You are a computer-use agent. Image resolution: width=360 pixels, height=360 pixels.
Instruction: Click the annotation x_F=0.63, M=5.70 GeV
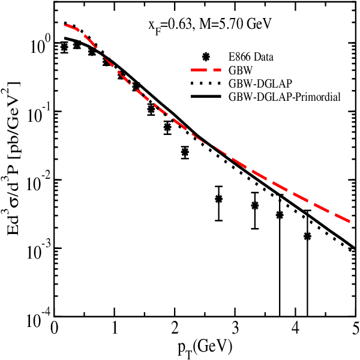[210, 25]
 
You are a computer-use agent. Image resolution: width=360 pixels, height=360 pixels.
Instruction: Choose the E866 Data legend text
[251, 57]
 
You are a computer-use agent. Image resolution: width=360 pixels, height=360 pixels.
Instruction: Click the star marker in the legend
[206, 57]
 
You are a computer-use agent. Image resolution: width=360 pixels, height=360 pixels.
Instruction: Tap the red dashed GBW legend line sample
[206, 70]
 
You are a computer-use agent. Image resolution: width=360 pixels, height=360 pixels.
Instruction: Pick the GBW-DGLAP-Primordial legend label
[284, 97]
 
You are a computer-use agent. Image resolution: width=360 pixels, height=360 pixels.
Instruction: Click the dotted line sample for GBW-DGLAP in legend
[206, 83]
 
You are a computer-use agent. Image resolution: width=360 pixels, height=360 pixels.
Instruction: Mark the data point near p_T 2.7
[218, 199]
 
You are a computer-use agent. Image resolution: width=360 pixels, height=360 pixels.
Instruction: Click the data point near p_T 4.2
[307, 236]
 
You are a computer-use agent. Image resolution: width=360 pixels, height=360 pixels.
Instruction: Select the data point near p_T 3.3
[254, 206]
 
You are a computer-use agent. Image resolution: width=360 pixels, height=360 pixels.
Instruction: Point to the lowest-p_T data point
[65, 47]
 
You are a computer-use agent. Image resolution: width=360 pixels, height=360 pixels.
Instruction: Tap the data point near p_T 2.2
[185, 152]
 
